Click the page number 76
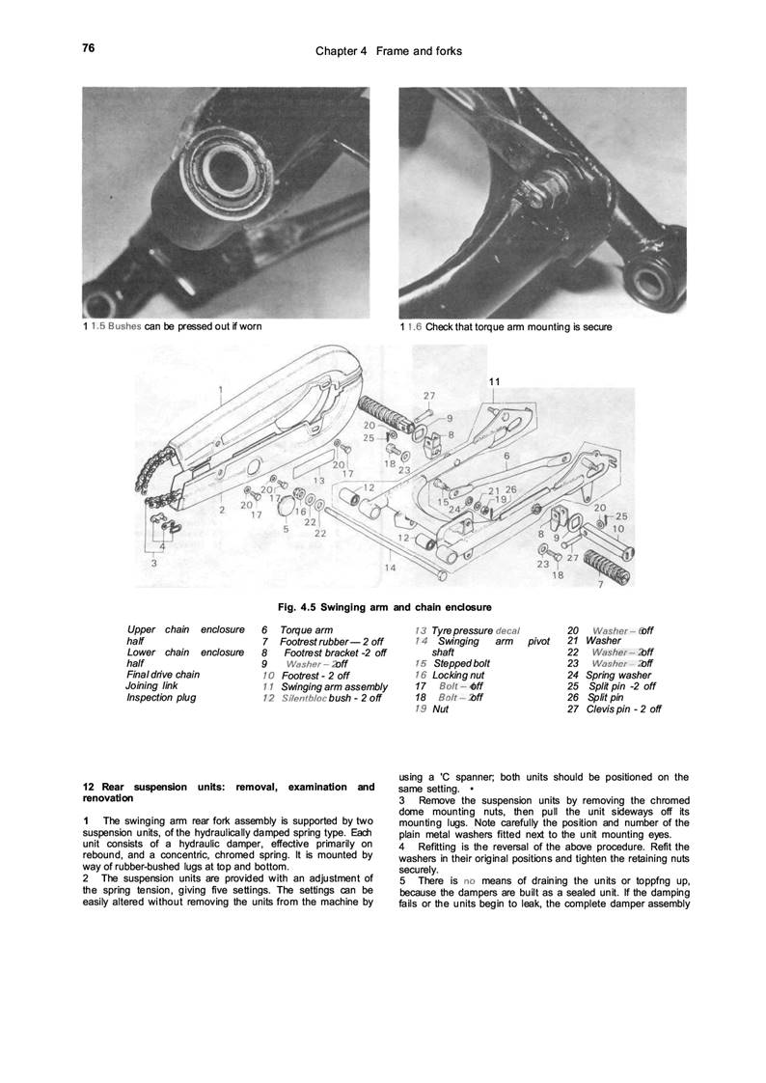(x=88, y=47)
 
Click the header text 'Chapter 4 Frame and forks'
(x=389, y=50)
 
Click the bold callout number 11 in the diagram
(x=494, y=382)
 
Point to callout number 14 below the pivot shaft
(x=391, y=568)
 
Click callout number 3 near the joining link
(x=153, y=560)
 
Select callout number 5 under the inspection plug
(x=287, y=528)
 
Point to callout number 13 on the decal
(x=319, y=478)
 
